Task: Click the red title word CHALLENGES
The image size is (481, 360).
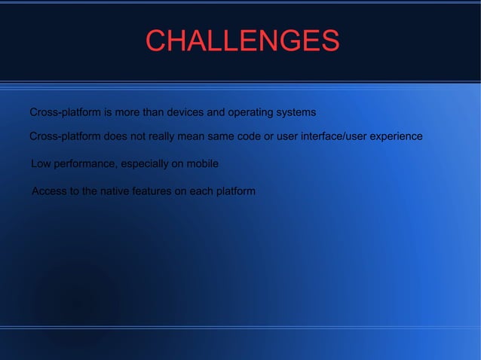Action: coord(241,41)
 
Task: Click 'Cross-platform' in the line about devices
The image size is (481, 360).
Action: coord(64,113)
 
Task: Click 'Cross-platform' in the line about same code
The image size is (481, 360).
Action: coord(64,136)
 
